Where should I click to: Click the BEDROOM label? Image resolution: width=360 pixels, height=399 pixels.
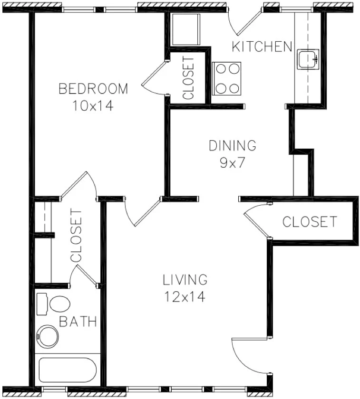coord(93,89)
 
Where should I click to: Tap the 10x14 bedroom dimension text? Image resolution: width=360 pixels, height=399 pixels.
coord(93,105)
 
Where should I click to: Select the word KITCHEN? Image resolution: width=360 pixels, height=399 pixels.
coord(262,47)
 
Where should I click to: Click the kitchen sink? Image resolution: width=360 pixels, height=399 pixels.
coord(308,59)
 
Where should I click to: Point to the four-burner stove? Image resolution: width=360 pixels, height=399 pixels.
coord(226,78)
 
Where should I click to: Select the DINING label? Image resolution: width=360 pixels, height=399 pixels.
coord(233,145)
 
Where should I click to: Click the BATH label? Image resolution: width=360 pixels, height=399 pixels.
coord(78,322)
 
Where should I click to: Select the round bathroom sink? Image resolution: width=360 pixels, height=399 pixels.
coord(48,336)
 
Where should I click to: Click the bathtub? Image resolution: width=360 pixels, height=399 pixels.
coord(68,370)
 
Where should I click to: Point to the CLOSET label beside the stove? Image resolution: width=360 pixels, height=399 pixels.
coord(188,77)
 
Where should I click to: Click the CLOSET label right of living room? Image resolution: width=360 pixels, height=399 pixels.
coord(310,222)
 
